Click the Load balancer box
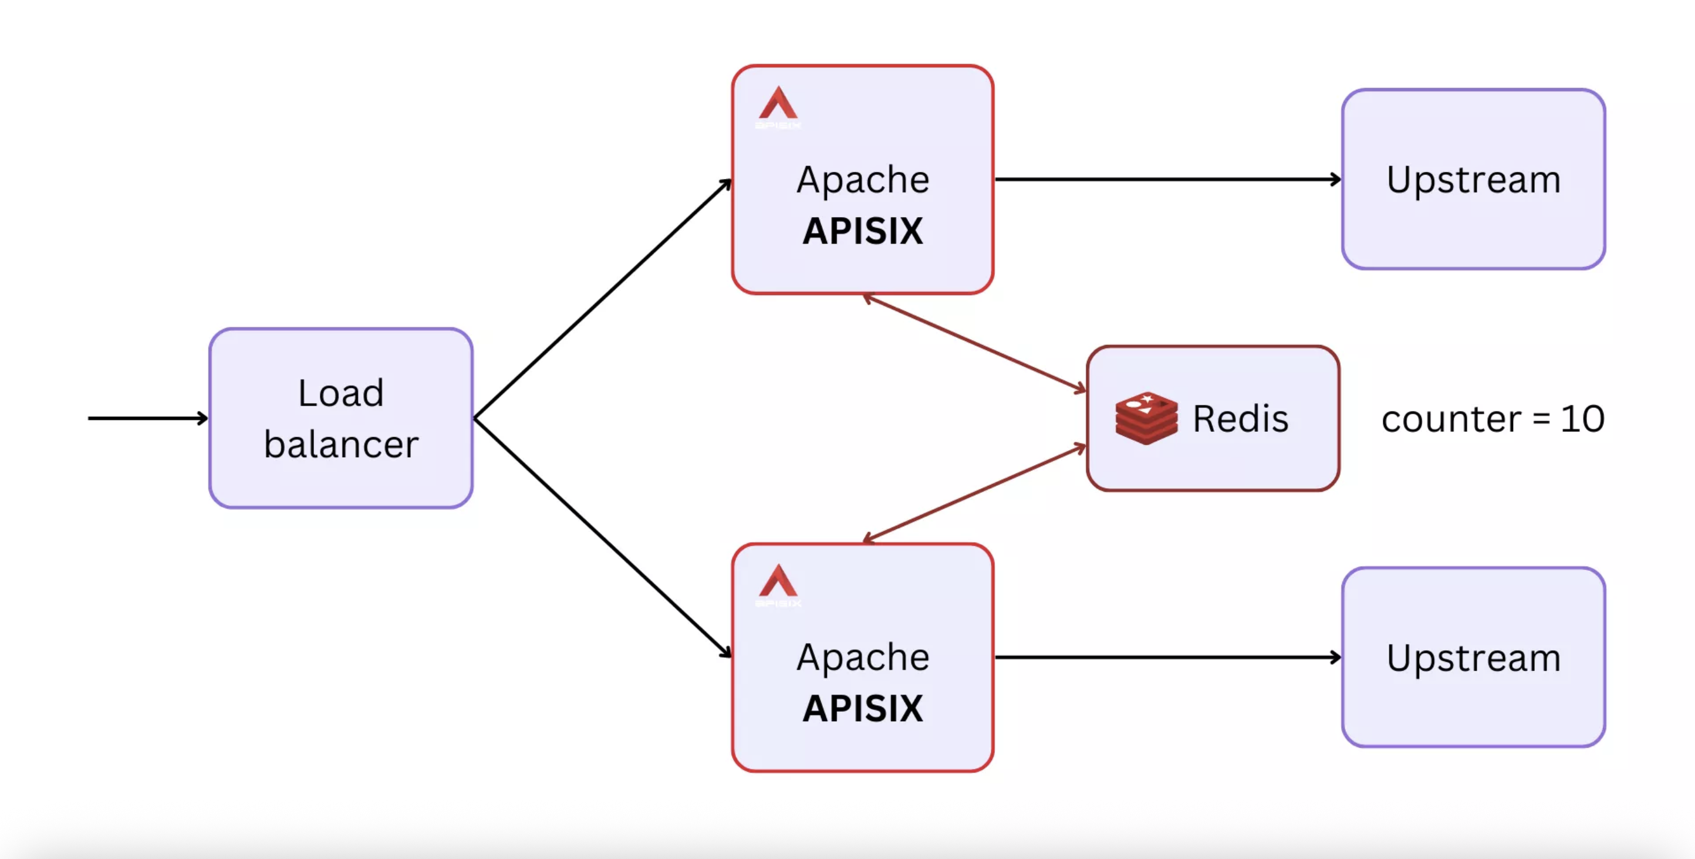341,418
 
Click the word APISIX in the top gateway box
863,232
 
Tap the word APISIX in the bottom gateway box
863,709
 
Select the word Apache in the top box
863,180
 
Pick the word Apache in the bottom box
863,657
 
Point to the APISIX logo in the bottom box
778,584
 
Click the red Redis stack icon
1146,418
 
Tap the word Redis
1240,419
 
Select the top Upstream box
1473,180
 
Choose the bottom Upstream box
1473,657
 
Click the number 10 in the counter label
1582,419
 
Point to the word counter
1451,419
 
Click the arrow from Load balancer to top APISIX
602,299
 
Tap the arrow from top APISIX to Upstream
1168,179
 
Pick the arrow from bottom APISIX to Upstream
1168,657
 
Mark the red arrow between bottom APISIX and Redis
974,493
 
